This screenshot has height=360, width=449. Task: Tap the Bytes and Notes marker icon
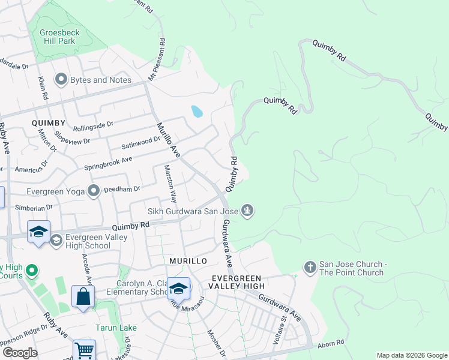pyautogui.click(x=61, y=80)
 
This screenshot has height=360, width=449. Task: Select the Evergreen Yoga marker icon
pyautogui.click(x=94, y=191)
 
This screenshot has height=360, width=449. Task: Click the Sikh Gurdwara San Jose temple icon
pyautogui.click(x=247, y=211)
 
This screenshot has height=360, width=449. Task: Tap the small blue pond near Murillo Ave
pyautogui.click(x=196, y=111)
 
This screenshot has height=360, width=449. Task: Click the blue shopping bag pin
pyautogui.click(x=83, y=296)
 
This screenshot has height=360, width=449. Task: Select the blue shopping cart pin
pyautogui.click(x=85, y=350)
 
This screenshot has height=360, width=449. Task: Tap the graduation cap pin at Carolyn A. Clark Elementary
pyautogui.click(x=178, y=289)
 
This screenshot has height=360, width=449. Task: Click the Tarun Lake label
pyautogui.click(x=116, y=328)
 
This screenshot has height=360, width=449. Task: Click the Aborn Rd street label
pyautogui.click(x=331, y=342)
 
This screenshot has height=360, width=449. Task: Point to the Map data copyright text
pyautogui.click(x=411, y=355)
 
